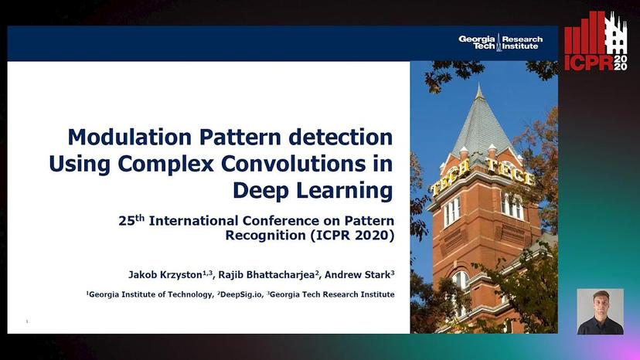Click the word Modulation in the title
129,138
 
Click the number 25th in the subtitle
131,220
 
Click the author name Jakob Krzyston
170,275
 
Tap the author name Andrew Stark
359,275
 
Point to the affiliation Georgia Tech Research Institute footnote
331,294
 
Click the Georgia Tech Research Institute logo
500,42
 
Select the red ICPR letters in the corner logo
589,63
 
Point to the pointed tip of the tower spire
479,83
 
